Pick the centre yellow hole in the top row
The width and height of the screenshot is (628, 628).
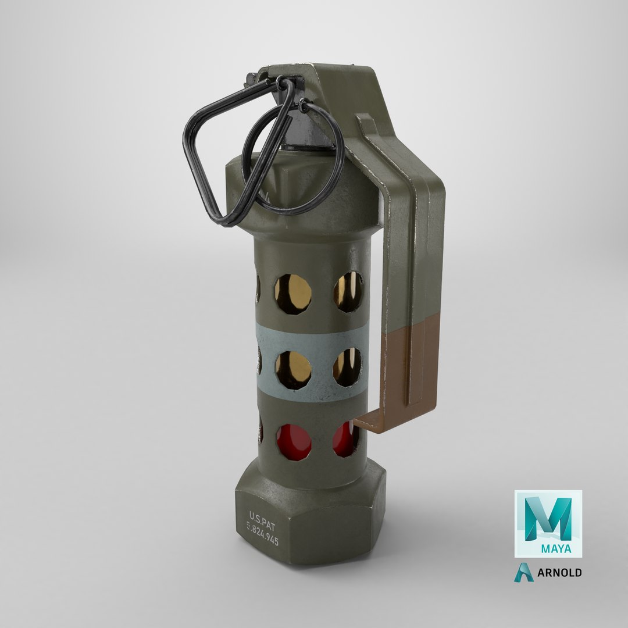pyautogui.click(x=293, y=294)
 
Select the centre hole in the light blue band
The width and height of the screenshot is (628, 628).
pyautogui.click(x=293, y=369)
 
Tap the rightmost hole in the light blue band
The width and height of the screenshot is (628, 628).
pyautogui.click(x=347, y=367)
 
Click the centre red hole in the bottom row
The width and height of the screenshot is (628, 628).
pyautogui.click(x=293, y=443)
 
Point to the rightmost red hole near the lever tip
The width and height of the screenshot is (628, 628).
pyautogui.click(x=345, y=440)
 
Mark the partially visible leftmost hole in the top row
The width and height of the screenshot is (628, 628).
pyautogui.click(x=257, y=288)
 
